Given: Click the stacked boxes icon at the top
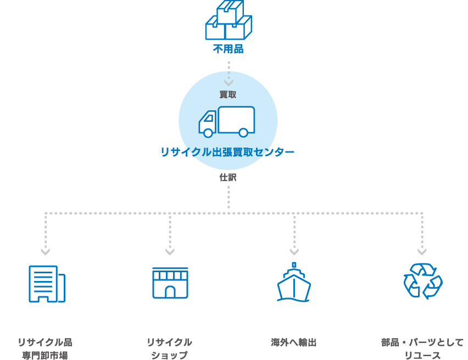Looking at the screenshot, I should coord(229,20).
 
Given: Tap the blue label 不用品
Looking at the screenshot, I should coord(228,49).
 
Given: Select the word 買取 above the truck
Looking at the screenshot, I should coord(228,94).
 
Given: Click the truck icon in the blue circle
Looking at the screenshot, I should coord(227,121).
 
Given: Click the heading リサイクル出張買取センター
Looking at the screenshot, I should coord(227,152).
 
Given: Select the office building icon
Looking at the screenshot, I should coord(46,284).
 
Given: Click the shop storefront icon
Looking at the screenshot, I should coord(170,283).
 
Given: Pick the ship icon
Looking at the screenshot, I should coord(294,282).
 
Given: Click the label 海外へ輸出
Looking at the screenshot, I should coord(294,342).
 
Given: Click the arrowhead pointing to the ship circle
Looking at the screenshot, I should coord(294,251).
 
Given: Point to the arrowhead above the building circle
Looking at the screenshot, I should coord(46,251).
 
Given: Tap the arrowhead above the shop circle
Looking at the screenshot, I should coord(170,251).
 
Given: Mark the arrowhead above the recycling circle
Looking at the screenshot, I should coord(422,251).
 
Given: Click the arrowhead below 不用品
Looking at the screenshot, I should coord(229,82).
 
